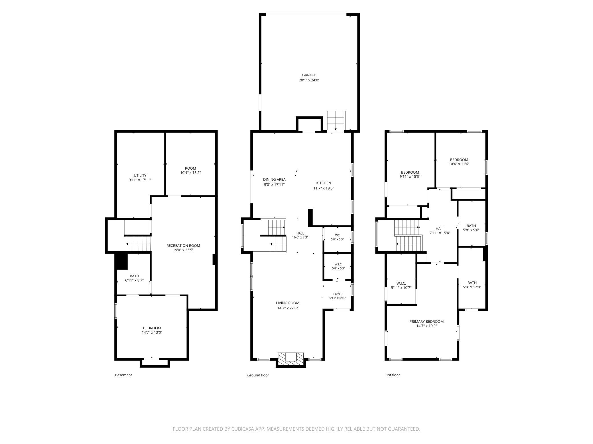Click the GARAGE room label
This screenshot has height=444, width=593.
tap(309, 75)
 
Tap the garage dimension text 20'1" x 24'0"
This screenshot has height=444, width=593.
tap(309, 80)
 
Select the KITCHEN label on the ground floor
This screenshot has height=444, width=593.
tap(324, 183)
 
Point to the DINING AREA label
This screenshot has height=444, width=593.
tap(274, 180)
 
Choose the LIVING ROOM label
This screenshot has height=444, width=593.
tap(288, 303)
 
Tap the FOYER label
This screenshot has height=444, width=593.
tap(338, 294)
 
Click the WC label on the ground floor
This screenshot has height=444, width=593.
tap(337, 235)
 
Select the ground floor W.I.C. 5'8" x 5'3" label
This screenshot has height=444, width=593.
tap(338, 266)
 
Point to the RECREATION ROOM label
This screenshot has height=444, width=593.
tap(183, 246)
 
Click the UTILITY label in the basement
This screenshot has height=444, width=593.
tap(140, 176)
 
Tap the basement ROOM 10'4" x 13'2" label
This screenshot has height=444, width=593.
tap(190, 170)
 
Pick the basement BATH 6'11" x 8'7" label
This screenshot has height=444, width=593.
tap(134, 278)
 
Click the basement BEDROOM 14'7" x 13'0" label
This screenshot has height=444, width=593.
tap(152, 330)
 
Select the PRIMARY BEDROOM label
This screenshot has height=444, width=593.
tap(427, 322)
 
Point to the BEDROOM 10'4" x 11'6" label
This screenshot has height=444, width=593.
tap(459, 162)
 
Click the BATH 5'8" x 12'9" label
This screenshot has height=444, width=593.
tap(472, 285)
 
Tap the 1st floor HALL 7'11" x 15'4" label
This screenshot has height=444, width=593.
tap(440, 231)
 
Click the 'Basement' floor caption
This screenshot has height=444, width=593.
tap(123, 375)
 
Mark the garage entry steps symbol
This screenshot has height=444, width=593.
tap(336, 121)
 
